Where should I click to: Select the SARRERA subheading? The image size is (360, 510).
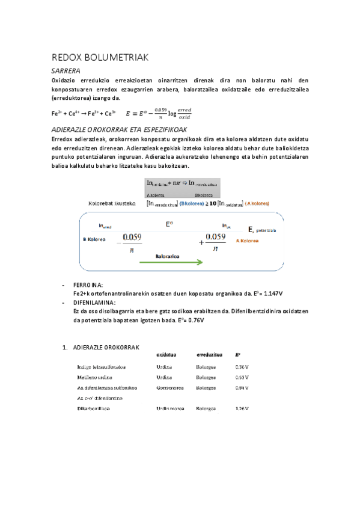(69, 71)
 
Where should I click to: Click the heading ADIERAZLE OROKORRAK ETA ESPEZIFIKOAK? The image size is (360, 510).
(121, 130)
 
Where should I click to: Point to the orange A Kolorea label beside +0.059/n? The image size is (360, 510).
(248, 240)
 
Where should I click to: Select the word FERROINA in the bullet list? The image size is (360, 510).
(88, 284)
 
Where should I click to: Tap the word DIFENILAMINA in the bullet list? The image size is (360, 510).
(94, 302)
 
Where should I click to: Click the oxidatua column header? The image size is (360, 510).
(166, 355)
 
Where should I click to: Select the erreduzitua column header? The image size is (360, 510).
(208, 355)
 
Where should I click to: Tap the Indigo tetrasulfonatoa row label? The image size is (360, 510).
(101, 366)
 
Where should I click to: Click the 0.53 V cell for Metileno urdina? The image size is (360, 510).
(242, 377)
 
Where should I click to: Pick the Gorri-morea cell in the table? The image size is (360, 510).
(170, 388)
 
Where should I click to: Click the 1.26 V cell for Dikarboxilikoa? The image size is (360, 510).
(242, 409)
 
